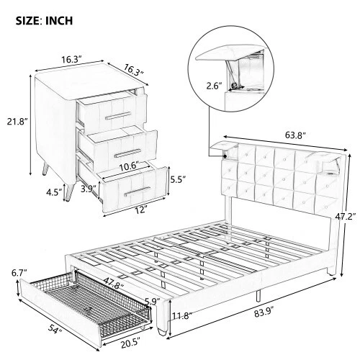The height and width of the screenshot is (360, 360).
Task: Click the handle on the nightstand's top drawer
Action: coord(115,115)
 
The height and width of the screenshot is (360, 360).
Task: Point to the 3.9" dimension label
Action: coord(89,189)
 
